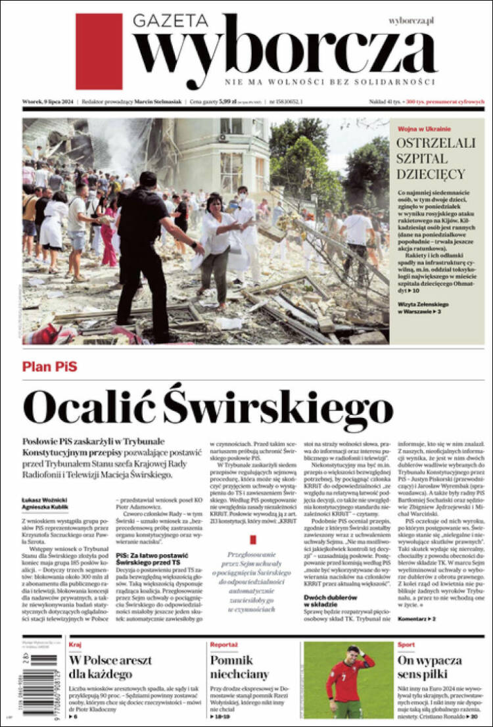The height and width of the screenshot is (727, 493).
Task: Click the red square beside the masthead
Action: pos(99,51)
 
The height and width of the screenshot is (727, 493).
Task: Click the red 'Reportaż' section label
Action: pos(223,645)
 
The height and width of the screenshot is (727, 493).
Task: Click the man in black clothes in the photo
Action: pos(143,250)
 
